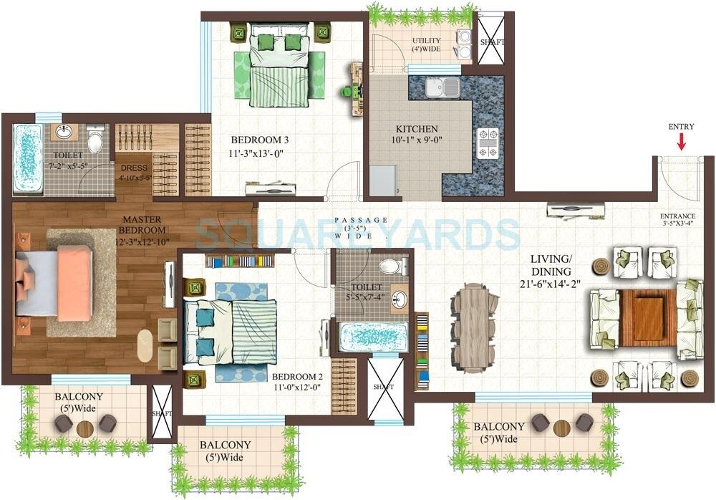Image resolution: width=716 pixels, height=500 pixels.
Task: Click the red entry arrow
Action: pos(681,141)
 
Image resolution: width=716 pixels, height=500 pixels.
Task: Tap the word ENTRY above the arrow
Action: pos(681,127)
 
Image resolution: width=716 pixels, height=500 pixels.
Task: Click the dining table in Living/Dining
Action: pos(474,327)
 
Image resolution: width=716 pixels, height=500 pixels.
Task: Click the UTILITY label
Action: pos(427,39)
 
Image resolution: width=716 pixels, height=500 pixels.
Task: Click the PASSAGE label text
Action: pos(361,220)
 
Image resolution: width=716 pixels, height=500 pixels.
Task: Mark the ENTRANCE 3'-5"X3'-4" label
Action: pos(677,216)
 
